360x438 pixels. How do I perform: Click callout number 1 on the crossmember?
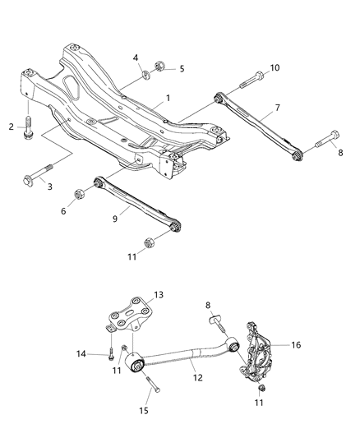tap(168, 98)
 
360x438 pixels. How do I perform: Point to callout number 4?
tap(136, 57)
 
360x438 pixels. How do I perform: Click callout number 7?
tap(277, 108)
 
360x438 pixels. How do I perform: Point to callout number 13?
tap(159, 294)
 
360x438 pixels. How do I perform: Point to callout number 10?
tap(275, 67)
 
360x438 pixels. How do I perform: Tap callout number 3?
tap(48, 187)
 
